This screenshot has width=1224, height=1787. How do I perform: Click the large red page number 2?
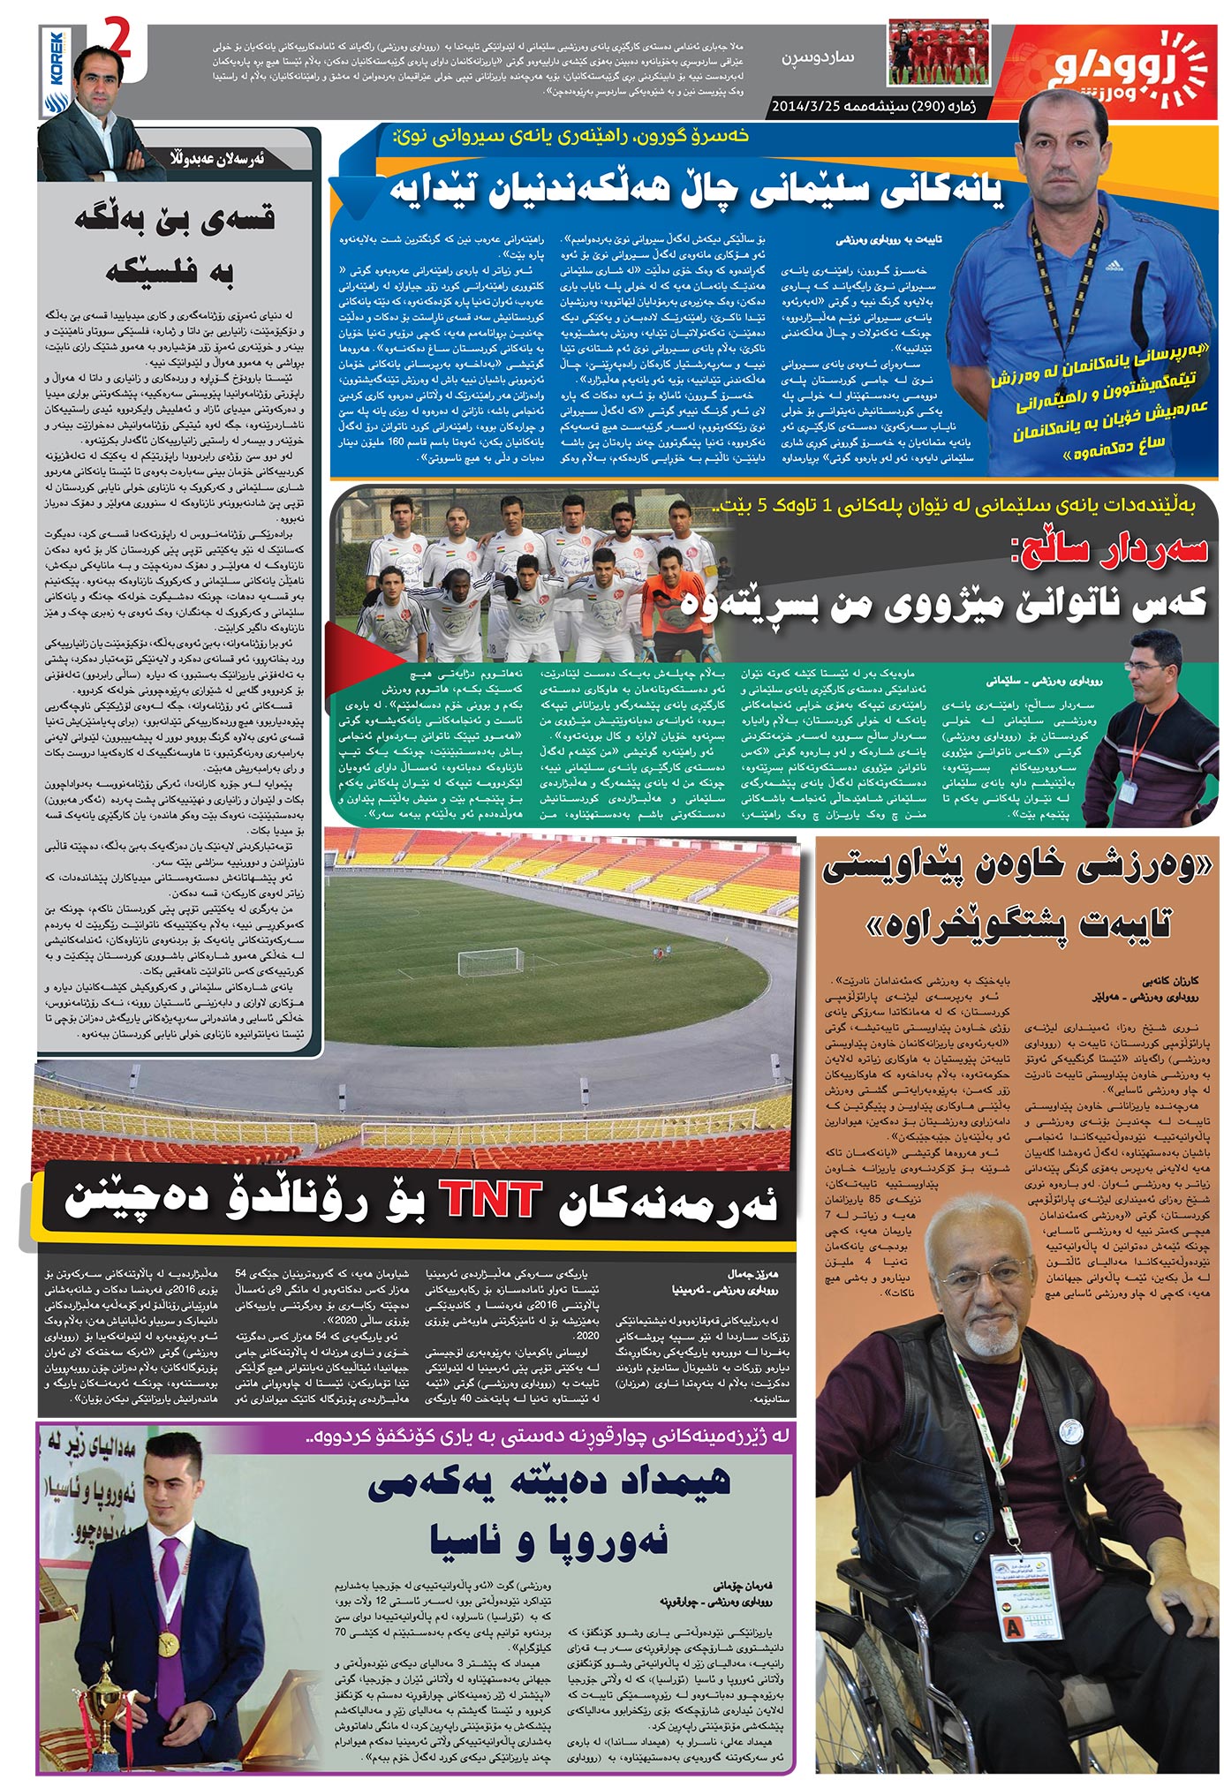tap(118, 41)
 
